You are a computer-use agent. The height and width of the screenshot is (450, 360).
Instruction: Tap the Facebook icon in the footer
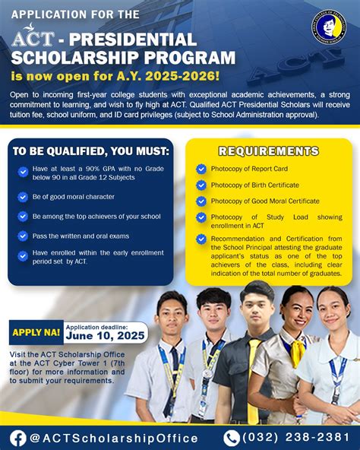click(17, 437)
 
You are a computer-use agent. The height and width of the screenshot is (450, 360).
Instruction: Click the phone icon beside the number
click(232, 437)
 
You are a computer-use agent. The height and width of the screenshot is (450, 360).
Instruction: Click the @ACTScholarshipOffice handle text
click(113, 438)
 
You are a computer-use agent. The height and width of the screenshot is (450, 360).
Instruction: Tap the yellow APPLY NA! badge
click(36, 332)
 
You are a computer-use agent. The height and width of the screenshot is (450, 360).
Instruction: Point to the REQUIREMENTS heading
click(269, 151)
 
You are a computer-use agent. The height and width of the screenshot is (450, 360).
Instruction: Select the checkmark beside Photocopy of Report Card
click(201, 170)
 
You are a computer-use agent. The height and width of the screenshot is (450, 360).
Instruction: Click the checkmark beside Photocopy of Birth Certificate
click(201, 185)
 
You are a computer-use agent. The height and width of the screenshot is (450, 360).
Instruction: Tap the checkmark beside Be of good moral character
click(24, 197)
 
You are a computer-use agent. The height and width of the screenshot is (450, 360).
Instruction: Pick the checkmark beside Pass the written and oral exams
click(24, 236)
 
